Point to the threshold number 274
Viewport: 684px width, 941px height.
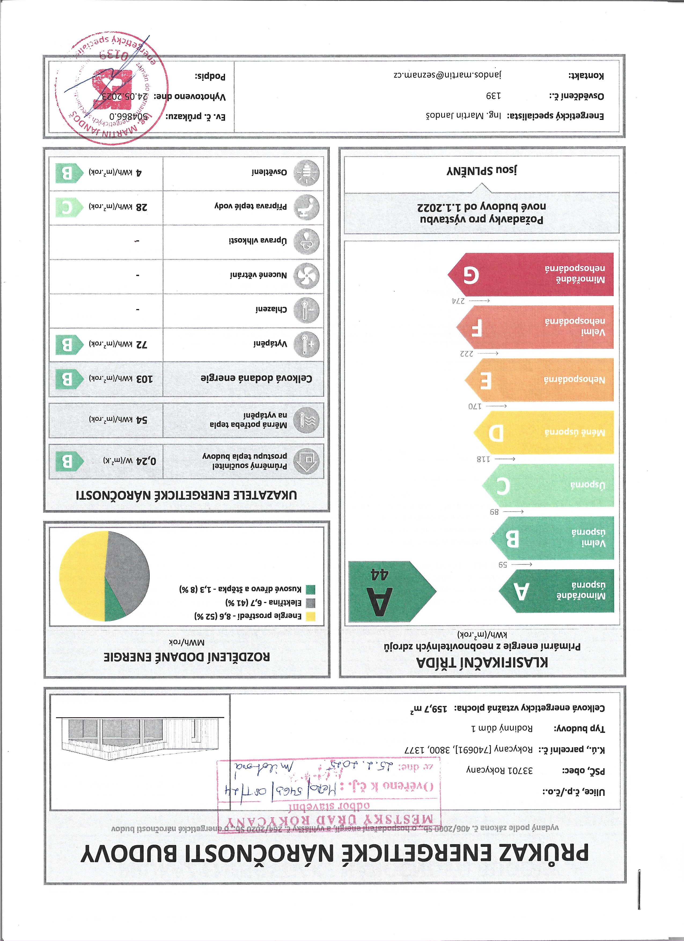pos(459,300)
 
